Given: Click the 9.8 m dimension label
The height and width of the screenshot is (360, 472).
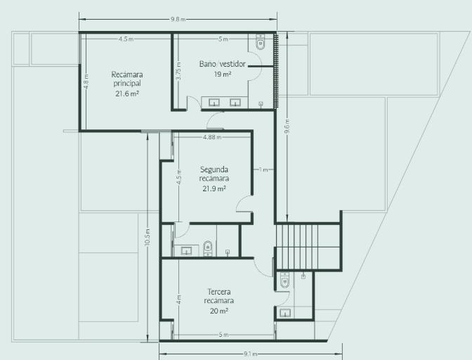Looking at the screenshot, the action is [178, 19].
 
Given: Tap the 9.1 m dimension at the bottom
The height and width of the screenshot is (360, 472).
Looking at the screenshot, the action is [250, 354].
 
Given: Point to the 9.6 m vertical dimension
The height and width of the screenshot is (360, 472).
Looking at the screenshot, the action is [287, 127].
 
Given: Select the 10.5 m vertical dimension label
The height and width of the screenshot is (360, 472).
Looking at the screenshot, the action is [147, 237].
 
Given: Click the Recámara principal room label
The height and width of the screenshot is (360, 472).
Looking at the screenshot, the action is [127, 79].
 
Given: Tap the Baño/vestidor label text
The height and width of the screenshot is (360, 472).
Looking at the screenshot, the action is [223, 64].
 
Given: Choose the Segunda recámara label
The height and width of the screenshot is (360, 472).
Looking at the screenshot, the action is [214, 174].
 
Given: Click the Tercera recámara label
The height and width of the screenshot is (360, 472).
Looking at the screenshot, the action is [219, 296].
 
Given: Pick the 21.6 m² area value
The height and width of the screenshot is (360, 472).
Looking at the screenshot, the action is [127, 94].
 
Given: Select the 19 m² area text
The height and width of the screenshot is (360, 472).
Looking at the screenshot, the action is [223, 74].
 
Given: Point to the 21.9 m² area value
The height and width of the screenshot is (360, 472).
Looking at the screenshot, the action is [214, 189].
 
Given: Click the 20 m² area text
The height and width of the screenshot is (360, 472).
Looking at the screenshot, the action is [219, 311].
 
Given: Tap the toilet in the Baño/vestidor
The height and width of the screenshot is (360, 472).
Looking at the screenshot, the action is [260, 41].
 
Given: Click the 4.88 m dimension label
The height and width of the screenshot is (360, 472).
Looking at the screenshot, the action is [212, 137].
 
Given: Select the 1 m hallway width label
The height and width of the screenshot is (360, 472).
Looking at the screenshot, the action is [263, 170].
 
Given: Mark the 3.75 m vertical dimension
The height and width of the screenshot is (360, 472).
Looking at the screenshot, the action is [179, 71].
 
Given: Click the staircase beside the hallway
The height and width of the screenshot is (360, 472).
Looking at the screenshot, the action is [308, 246].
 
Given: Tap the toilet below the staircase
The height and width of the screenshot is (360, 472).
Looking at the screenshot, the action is [284, 280].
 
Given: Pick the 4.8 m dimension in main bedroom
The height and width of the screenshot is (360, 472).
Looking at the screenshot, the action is [86, 82].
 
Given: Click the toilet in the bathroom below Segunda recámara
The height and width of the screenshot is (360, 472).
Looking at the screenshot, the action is [208, 248].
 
